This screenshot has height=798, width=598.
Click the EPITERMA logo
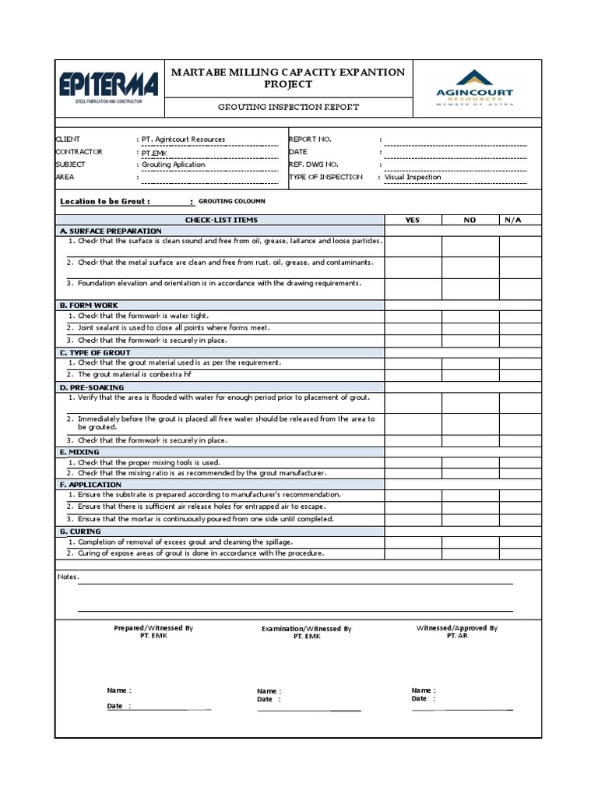(108, 85)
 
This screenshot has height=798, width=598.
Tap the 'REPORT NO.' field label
(310, 139)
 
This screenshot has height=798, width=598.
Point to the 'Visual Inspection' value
(413, 177)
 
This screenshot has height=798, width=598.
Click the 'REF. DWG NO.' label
(314, 164)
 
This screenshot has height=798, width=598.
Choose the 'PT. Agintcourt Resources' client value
(183, 139)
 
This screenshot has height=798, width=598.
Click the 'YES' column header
(413, 220)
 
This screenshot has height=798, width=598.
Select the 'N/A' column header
(513, 220)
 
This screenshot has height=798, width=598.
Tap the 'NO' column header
(470, 220)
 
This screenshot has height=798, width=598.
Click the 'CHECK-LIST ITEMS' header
(221, 220)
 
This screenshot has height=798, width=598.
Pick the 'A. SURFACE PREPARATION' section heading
(111, 231)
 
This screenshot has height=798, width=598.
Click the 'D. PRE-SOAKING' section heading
(92, 387)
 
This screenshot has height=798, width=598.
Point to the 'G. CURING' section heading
(80, 531)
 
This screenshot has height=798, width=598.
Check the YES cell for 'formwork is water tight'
(413, 316)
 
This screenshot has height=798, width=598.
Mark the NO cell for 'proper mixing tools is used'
(470, 462)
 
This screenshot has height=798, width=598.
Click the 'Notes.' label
(69, 577)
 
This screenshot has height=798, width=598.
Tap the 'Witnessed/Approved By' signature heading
(457, 627)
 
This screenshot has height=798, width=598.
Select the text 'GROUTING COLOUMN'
(232, 201)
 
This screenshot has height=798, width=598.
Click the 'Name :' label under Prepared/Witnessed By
(119, 690)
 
